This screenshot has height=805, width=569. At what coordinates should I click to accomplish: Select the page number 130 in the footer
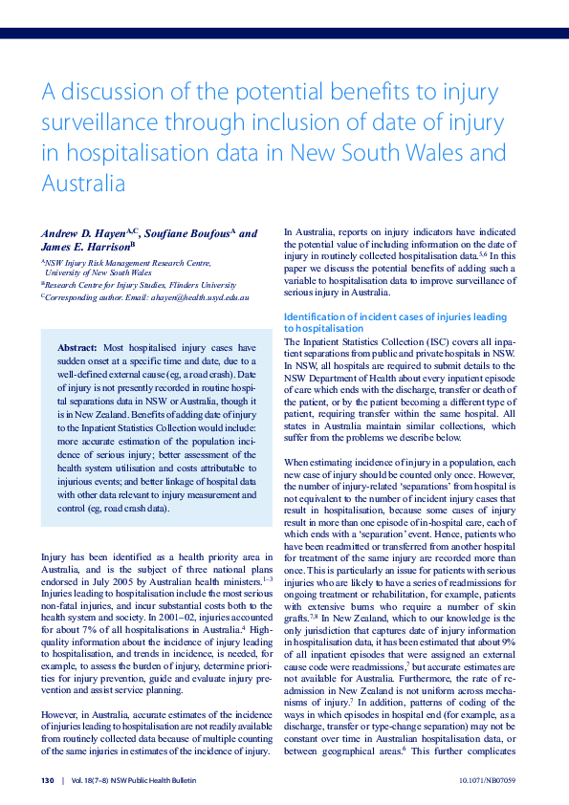pos(47,780)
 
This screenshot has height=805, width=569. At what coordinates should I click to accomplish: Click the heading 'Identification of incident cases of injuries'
pos(395,316)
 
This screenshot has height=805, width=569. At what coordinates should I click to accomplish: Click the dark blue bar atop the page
pos(284,33)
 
